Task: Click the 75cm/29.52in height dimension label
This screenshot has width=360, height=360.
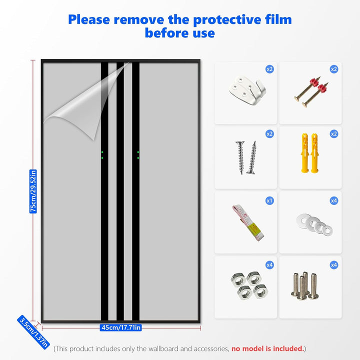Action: click(x=33, y=191)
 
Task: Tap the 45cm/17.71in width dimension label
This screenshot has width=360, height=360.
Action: click(x=121, y=327)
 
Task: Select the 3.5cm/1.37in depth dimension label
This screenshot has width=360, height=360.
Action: click(x=33, y=332)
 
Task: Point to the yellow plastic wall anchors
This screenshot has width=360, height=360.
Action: click(x=309, y=152)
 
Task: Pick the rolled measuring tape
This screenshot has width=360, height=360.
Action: click(x=248, y=222)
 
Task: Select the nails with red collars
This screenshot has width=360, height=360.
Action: click(x=311, y=91)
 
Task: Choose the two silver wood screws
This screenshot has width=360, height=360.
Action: click(x=246, y=157)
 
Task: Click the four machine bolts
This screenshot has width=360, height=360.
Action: click(x=305, y=285)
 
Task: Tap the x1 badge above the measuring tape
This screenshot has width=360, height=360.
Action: click(x=269, y=200)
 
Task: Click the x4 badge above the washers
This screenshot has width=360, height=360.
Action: click(x=334, y=200)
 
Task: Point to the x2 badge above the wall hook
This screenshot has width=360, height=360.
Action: click(x=269, y=69)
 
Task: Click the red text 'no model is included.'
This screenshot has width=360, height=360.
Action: click(x=267, y=349)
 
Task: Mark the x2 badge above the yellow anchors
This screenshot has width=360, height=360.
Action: click(x=334, y=134)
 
